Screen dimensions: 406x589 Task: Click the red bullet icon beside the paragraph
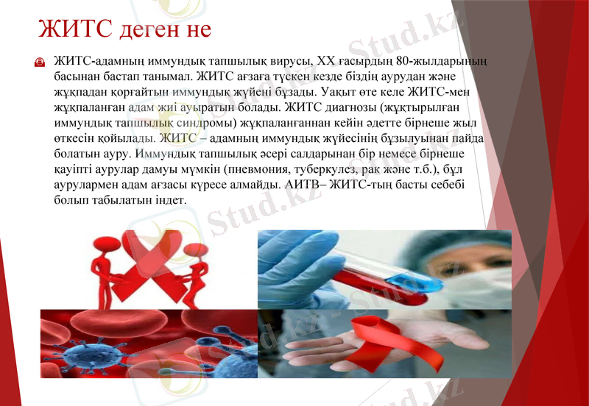[x=40, y=63]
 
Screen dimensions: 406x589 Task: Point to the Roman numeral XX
[x=336, y=60]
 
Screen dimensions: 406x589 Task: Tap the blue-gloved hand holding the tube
[x=294, y=265]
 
